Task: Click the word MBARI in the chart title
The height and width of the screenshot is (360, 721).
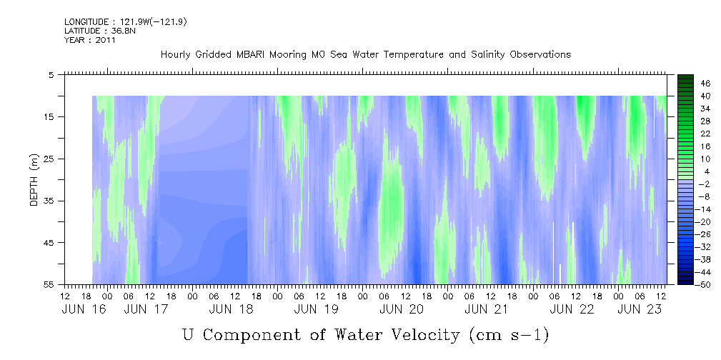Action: pos(252,55)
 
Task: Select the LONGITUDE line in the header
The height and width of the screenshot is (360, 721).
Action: pos(126,22)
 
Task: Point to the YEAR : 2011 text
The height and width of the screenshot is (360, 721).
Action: pos(90,40)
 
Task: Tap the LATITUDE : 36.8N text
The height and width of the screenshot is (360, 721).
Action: pos(100,31)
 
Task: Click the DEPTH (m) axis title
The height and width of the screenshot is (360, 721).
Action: pos(34,180)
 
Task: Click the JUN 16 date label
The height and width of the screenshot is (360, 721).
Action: pos(84,309)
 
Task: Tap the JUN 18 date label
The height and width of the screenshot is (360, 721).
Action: pos(232,309)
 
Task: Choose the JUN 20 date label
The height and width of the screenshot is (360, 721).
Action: pos(402,309)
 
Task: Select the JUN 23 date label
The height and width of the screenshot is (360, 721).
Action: pos(640,309)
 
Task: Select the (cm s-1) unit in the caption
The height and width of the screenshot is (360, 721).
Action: pos(509,335)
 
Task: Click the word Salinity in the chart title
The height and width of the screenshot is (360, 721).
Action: pos(487,55)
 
